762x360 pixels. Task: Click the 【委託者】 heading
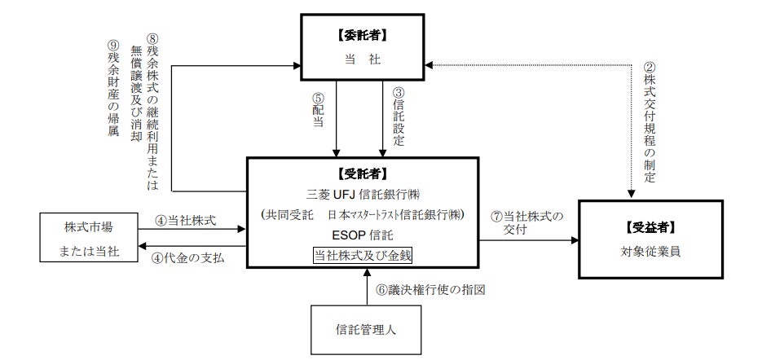[x=363, y=35]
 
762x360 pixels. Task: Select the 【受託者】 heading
[x=363, y=173]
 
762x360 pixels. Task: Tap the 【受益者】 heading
[x=650, y=227]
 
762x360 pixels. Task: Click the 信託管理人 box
[x=366, y=330]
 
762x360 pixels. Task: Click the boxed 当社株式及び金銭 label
[x=363, y=256]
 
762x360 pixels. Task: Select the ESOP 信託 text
[x=363, y=235]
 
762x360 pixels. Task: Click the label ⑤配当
[x=318, y=109]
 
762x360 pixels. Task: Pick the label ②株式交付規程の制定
[x=650, y=121]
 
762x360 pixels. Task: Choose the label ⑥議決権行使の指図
[x=431, y=290]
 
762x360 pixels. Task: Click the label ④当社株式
[x=185, y=220]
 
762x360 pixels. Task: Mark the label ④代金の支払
[x=188, y=258]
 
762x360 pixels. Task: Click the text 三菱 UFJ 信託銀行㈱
[x=363, y=195]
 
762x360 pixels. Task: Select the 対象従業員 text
[x=650, y=252]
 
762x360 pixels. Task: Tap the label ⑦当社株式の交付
[x=527, y=223]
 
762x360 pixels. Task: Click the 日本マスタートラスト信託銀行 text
[x=390, y=215]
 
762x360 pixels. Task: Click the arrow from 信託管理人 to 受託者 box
[x=367, y=287]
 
